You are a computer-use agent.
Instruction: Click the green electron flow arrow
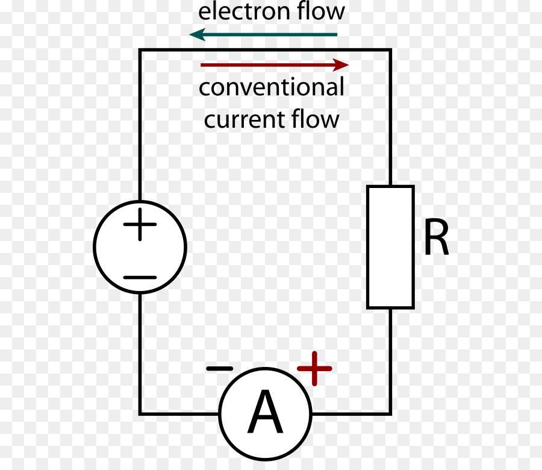pos(265,35)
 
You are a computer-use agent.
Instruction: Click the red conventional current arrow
pos(274,64)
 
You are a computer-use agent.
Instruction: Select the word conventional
pos(272,88)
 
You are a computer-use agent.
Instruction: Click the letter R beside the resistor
pos(436,239)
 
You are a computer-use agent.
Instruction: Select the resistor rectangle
pos(390,247)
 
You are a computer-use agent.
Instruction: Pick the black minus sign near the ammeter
pos(219,368)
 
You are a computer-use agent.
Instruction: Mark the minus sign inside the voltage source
pos(140,278)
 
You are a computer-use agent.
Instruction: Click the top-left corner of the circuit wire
pos(140,51)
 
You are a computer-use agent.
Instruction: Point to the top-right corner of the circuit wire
pos(390,51)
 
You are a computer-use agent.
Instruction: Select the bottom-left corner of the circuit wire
pos(140,413)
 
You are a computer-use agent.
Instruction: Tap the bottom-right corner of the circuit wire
pos(390,413)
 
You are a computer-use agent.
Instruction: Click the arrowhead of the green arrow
pos(196,35)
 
